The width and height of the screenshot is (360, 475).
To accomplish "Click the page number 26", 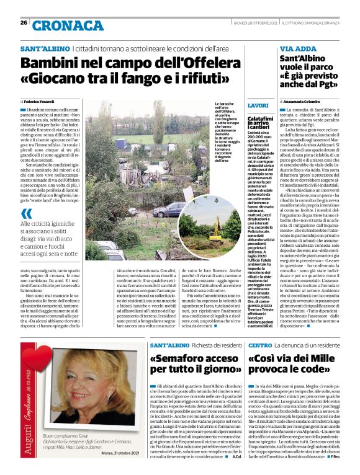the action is (24, 23).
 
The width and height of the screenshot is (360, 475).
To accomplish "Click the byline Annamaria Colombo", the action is (305, 101).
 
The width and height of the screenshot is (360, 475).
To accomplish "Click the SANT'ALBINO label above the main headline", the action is (44, 48).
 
